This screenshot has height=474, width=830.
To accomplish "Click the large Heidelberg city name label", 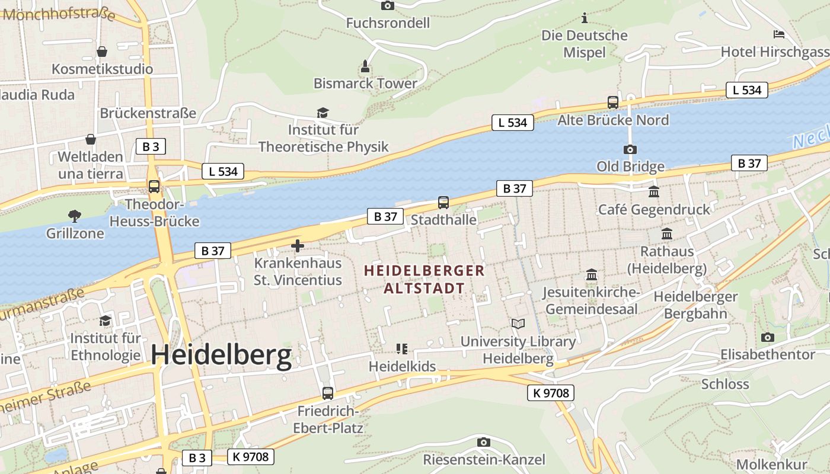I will coord(221,355).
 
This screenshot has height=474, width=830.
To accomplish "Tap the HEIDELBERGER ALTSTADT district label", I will coord(424,280).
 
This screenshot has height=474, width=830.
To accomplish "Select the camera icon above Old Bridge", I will coord(630,149).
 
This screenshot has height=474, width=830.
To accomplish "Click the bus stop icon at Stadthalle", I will coord(443,203).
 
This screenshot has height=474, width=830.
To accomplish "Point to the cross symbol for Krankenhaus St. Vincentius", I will coord(298,245).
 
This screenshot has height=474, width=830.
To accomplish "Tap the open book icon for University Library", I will coord(518,324).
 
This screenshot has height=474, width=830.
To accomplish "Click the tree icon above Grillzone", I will coord(75,216).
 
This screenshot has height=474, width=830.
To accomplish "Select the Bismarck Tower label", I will coord(365,84).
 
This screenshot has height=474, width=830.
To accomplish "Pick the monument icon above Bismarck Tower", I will coord(365,66).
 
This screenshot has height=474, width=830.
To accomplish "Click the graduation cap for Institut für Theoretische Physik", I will coord(323,113).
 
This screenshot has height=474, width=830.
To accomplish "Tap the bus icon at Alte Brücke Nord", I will coord(613,103).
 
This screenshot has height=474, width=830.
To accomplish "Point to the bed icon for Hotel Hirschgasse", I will coord(779,34).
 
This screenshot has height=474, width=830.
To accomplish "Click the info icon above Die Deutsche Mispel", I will coord(585,18).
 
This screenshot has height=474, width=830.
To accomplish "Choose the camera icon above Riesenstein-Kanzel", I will coord(484,442).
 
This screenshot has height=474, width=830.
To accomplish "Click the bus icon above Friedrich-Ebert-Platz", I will coord(327,393).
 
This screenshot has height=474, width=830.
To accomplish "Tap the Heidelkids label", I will coord(402,366).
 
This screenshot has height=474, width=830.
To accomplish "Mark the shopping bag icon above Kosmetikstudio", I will coord(102,52).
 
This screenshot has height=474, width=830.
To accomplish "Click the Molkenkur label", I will coord(771,464).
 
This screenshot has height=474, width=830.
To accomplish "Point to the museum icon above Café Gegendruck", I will coord(654,191).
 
